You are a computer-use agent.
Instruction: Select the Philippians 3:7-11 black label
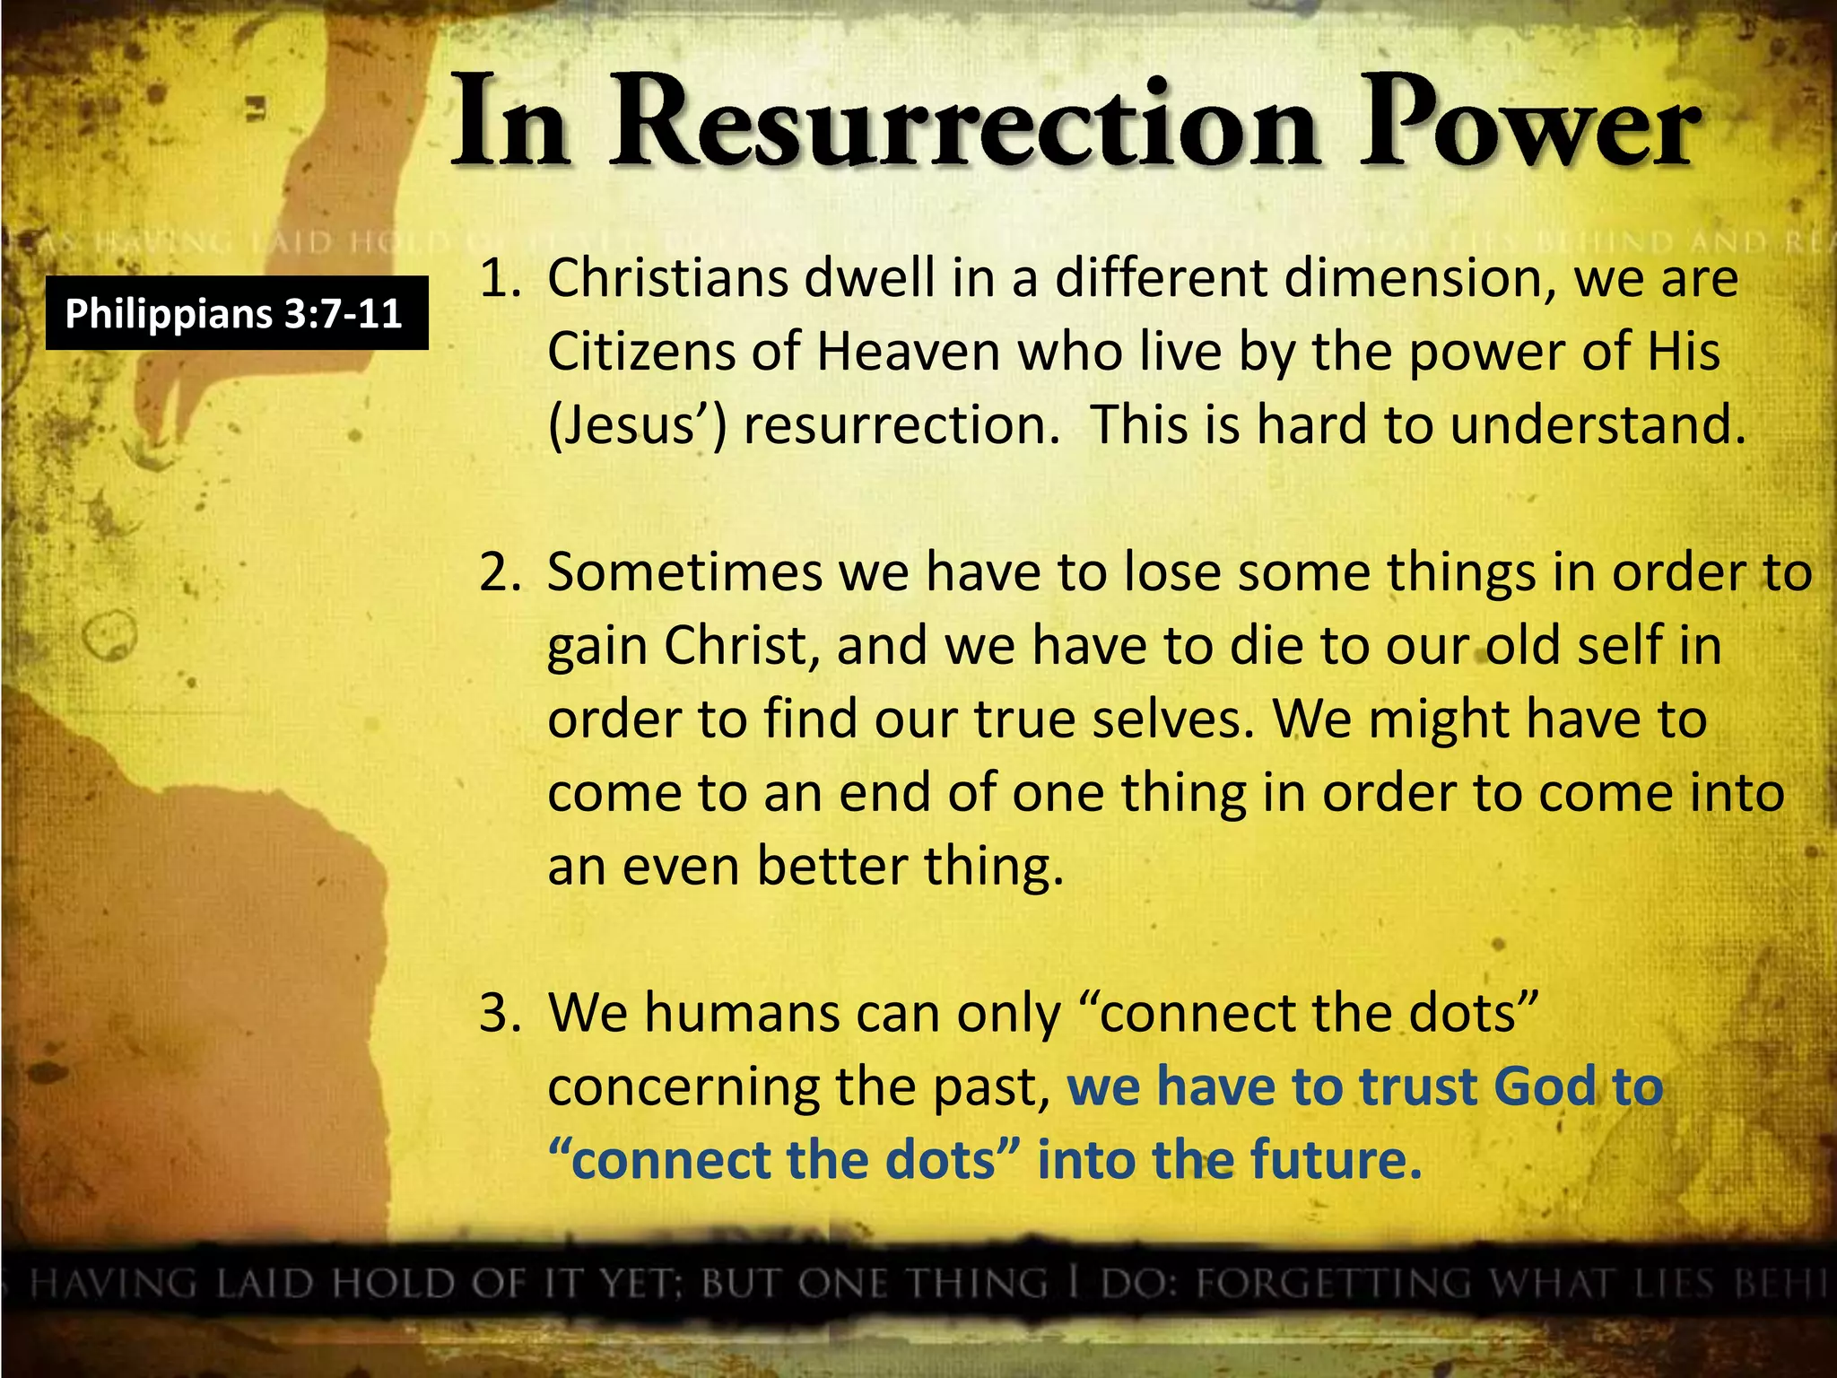coord(236,313)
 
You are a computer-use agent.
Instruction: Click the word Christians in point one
coord(668,279)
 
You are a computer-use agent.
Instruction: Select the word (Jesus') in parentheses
coord(637,425)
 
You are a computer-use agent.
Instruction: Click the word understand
coord(1597,425)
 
